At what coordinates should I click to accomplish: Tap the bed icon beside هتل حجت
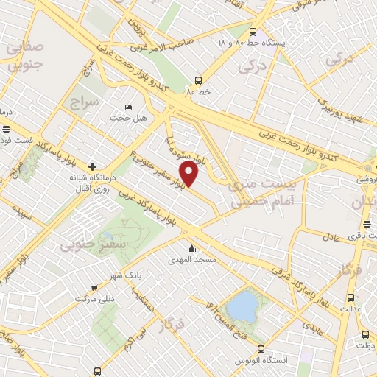pos(129,108)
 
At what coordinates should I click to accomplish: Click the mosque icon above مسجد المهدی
pos(192,248)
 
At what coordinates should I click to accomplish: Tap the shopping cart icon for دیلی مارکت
pos(94,288)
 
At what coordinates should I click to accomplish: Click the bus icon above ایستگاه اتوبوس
pos(260,348)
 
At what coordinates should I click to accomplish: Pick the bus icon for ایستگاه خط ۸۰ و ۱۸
pos(253,32)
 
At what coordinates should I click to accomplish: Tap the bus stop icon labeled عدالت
pos(350,297)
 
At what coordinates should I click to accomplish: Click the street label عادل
pos(333,236)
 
